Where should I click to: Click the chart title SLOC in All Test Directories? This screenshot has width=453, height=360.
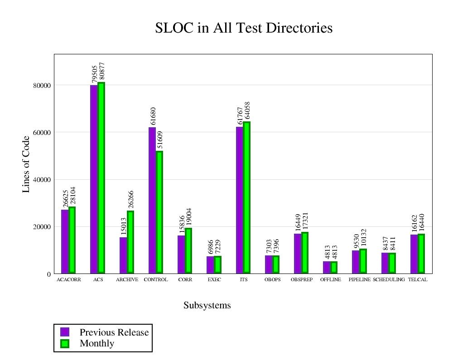point(244,28)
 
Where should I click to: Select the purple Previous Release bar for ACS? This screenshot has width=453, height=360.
point(94,179)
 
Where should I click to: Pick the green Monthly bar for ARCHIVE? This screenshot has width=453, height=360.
point(130,242)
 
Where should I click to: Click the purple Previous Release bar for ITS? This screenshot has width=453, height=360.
point(240,200)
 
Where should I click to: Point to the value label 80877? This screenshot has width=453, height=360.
point(101,72)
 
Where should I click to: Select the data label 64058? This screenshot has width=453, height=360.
point(247,110)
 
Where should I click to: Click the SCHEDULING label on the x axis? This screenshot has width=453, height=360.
point(389,280)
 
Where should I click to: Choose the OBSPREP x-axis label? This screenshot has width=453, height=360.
point(302,280)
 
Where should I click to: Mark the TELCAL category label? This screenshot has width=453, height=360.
point(418,280)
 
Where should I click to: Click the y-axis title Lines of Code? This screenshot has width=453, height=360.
point(26,164)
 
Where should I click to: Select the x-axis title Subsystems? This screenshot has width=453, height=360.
point(207,305)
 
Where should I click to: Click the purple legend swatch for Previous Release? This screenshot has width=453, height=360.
point(65,332)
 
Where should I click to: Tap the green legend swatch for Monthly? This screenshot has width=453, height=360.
point(65,343)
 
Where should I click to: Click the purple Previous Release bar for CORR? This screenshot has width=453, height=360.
point(181,254)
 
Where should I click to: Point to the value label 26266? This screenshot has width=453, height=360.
point(131,200)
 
